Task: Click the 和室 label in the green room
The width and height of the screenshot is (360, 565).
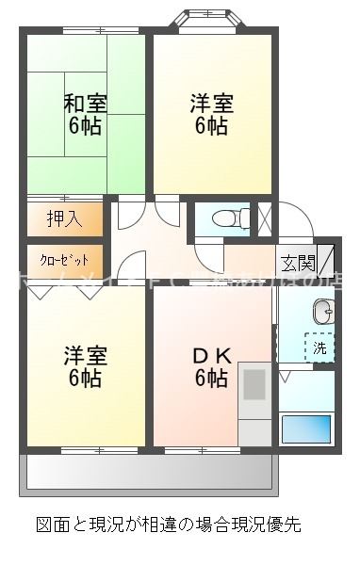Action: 85,103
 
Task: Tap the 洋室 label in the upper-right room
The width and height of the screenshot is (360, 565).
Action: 211,103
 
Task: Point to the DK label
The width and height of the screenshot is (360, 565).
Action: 211,356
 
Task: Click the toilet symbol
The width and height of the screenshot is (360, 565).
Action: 227,219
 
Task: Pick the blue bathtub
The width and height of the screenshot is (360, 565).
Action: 306,428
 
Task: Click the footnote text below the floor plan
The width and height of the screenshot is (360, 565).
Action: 169,524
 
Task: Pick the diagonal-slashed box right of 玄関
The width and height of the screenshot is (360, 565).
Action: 325,259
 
